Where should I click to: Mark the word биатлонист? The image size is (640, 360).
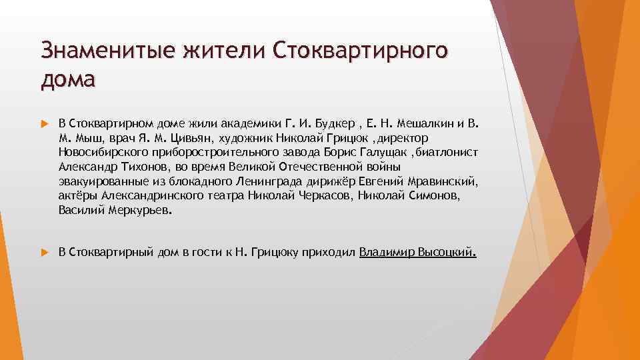tap(448, 153)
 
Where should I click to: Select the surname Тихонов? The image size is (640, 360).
tap(142, 167)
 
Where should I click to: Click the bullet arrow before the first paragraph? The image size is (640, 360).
tap(45, 123)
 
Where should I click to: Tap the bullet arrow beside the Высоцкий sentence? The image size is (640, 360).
tap(45, 253)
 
